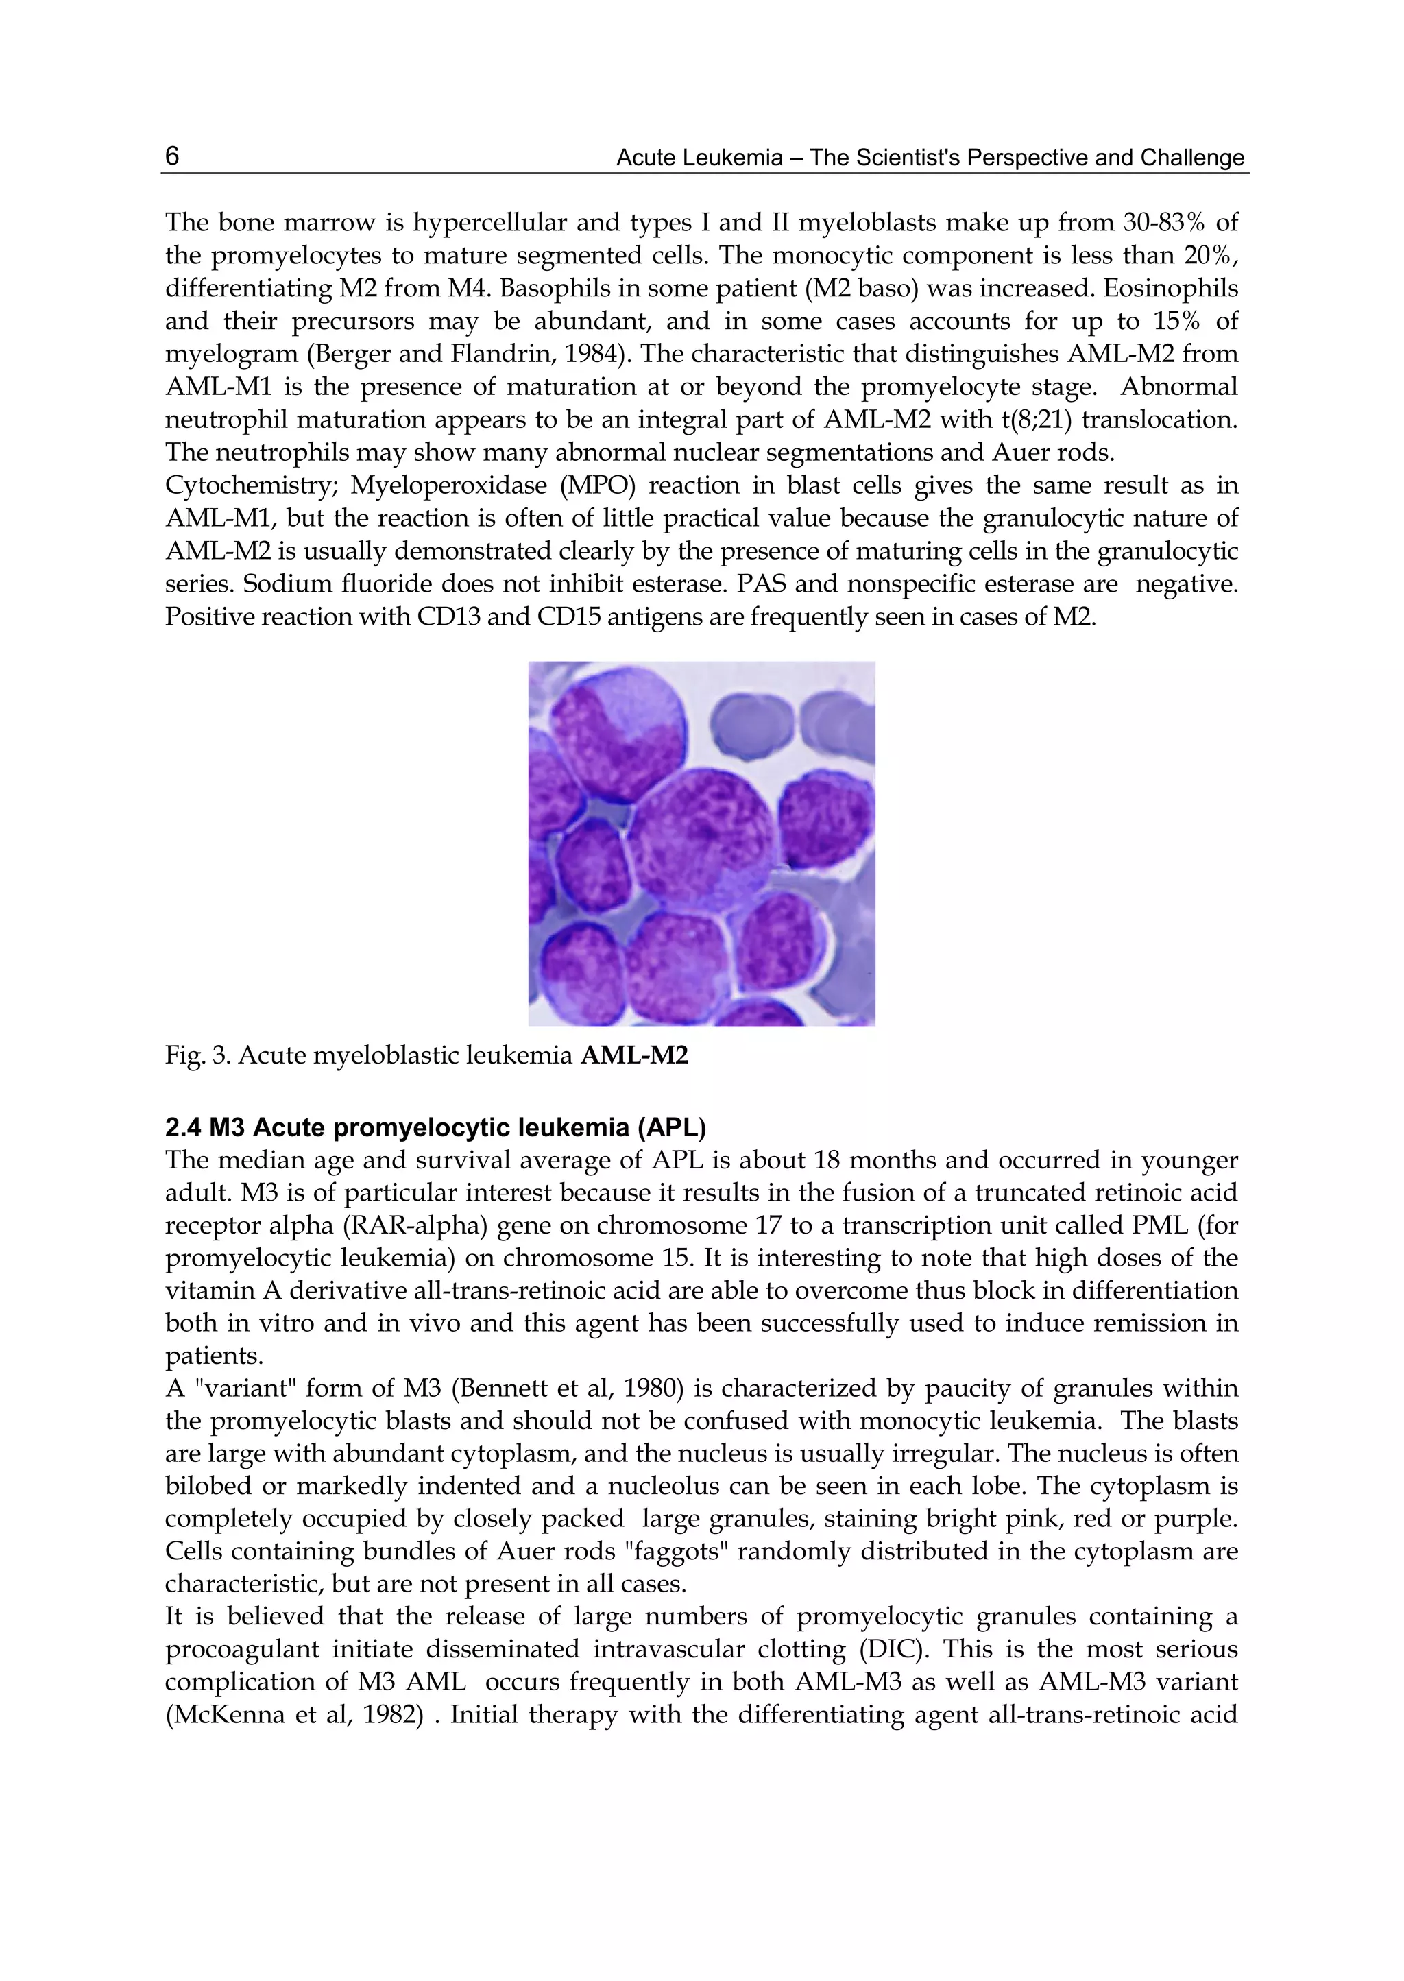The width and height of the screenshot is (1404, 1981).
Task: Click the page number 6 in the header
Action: tap(172, 156)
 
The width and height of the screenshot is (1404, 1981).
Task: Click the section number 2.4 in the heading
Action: tap(183, 1129)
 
